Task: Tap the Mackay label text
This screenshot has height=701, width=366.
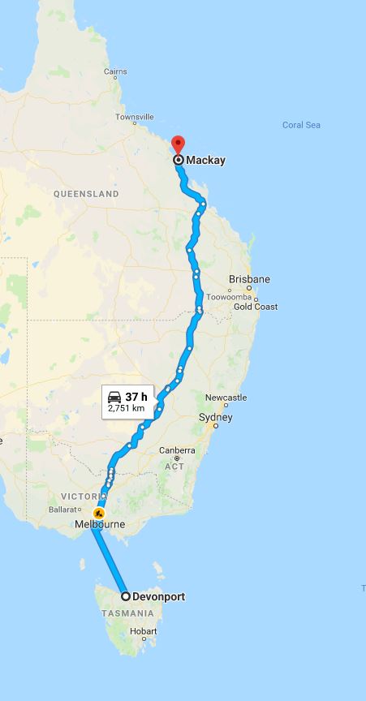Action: (x=205, y=160)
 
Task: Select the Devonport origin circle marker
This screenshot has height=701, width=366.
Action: (x=126, y=596)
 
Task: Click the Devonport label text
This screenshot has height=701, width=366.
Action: (x=158, y=596)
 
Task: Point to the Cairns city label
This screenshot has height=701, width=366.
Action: (x=115, y=72)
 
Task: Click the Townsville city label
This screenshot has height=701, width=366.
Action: (x=134, y=118)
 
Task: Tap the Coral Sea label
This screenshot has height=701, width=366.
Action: (x=301, y=125)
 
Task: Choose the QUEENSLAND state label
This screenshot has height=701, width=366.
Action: (x=86, y=194)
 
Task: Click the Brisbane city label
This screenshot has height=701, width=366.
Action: (x=249, y=279)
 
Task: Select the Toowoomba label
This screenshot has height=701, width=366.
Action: (x=229, y=297)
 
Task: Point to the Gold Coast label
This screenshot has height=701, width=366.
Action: (x=255, y=307)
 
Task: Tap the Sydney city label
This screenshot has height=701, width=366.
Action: (x=215, y=418)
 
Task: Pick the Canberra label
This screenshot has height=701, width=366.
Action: (x=177, y=450)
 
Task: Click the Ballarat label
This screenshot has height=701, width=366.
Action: (x=65, y=510)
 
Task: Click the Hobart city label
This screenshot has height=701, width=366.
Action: (x=143, y=631)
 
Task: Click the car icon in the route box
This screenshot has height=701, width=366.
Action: (x=114, y=397)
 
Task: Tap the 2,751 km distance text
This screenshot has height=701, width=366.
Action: (x=126, y=409)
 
